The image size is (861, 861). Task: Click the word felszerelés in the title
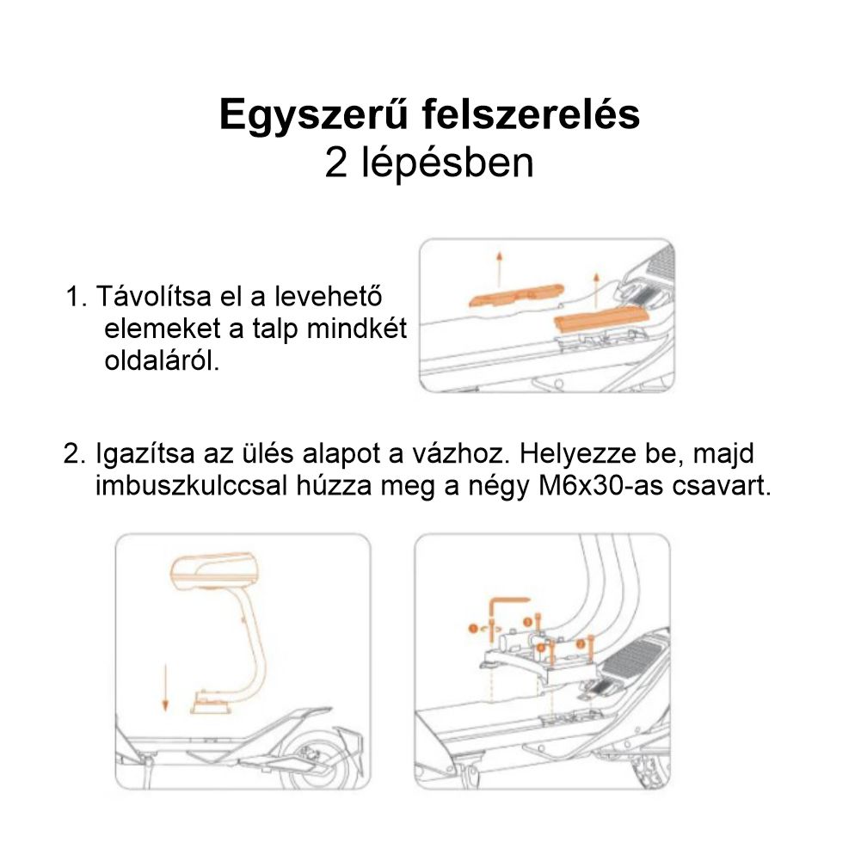point(531,116)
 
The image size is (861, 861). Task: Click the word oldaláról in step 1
point(162,360)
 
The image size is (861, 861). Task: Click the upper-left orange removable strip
point(515,296)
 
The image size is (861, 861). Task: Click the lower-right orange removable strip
point(599,320)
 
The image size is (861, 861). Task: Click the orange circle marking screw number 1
point(471,630)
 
